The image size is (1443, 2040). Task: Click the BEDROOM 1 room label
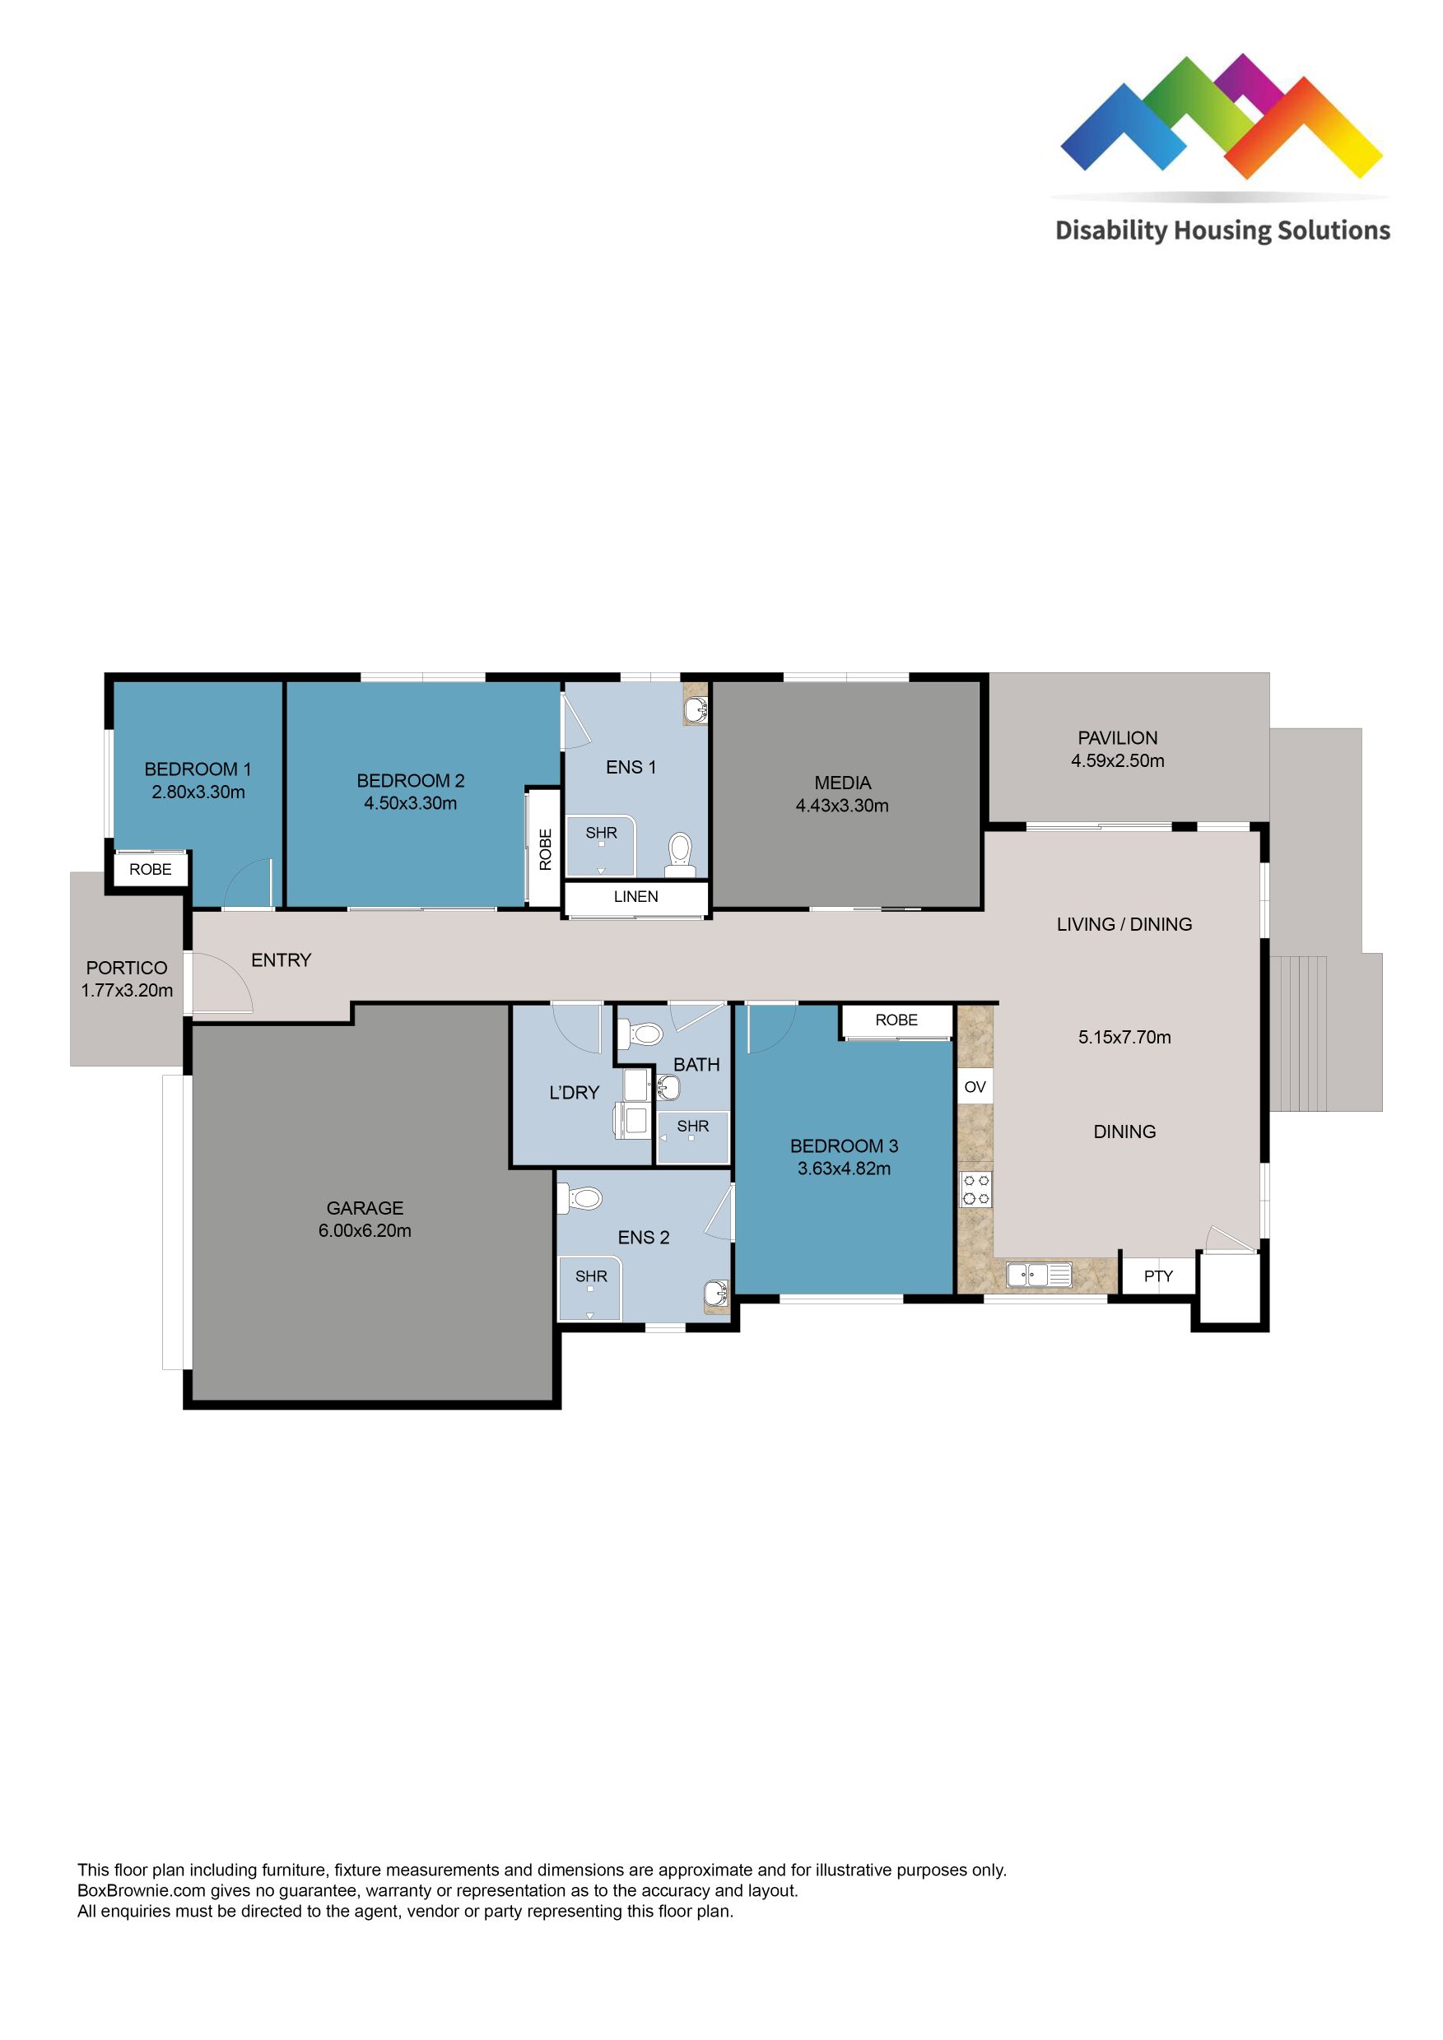[x=198, y=769]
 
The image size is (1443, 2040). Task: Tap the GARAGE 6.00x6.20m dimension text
[x=365, y=1230]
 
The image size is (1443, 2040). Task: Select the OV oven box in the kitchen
[x=975, y=1086]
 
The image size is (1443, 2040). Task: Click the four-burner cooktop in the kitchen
[x=975, y=1190]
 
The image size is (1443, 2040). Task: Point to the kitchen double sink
[x=1039, y=1275]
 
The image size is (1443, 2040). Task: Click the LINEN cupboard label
[x=635, y=896]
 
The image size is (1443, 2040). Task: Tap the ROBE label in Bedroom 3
[x=896, y=1020]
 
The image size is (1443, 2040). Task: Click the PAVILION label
[x=1117, y=737]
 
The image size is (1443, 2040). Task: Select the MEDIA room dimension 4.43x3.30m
[x=841, y=806]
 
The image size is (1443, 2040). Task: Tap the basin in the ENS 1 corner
[x=696, y=710]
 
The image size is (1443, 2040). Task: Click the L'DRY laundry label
[x=574, y=1093]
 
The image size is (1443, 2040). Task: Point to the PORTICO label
[x=126, y=968]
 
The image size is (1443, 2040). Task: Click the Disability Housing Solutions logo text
[x=1222, y=231]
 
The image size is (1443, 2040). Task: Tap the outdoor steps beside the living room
[x=1298, y=1034]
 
